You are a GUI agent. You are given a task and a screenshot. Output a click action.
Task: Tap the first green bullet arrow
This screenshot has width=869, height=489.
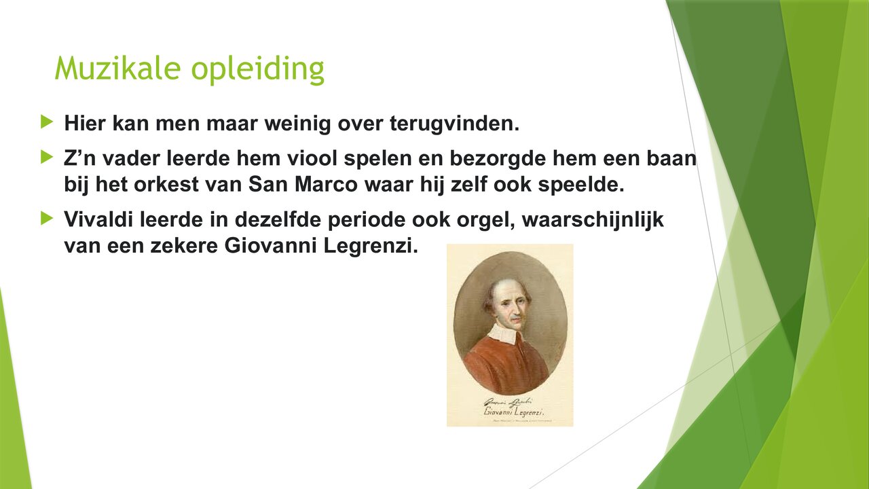pyautogui.click(x=46, y=122)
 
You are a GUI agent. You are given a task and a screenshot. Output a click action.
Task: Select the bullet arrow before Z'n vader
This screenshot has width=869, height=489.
pyautogui.click(x=46, y=158)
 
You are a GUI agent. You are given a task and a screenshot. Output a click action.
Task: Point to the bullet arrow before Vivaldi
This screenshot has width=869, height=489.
pyautogui.click(x=46, y=217)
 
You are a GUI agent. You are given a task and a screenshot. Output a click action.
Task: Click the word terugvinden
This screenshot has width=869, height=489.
pyautogui.click(x=454, y=124)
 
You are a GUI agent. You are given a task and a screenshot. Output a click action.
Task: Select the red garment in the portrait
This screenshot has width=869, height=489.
pyautogui.click(x=505, y=363)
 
